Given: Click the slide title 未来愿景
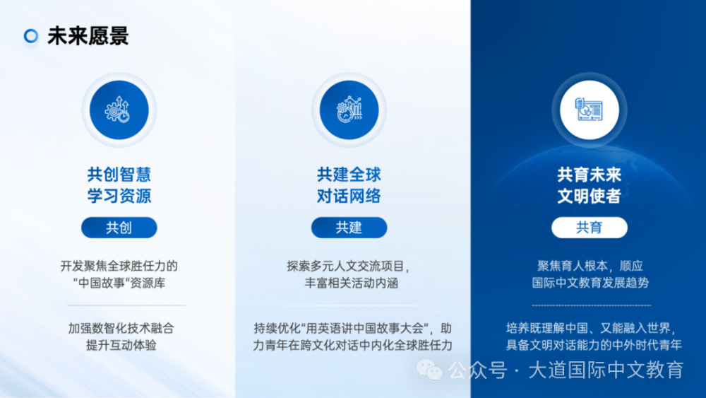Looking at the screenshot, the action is pos(88,36).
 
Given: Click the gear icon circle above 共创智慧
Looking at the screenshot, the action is pos(119,110).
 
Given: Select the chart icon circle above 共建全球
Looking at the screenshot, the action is pos(349,110).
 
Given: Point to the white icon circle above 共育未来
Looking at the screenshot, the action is pos(590,110).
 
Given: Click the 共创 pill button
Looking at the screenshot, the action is pos(119,228).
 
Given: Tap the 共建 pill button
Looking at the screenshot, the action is pos(349,228).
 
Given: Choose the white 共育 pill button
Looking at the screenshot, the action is pos(590,228).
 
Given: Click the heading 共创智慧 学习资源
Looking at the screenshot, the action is pos(119,185).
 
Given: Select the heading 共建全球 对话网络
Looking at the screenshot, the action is pos(349,185).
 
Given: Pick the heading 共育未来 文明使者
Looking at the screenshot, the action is pos(590,185).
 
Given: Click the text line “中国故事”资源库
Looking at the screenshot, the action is pos(119,283).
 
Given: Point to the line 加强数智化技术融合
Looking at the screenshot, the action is pos(121,328).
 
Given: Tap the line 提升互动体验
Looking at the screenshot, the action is pos(121,345).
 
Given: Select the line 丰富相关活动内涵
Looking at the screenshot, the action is pos(352,283).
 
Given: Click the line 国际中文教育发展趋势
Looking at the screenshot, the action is pos(590,283).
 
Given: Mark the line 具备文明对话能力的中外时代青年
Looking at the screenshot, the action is pos(594,345).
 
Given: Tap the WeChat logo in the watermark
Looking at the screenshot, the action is pos(429,370).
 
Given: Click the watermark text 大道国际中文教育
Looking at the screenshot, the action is pos(606,370).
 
